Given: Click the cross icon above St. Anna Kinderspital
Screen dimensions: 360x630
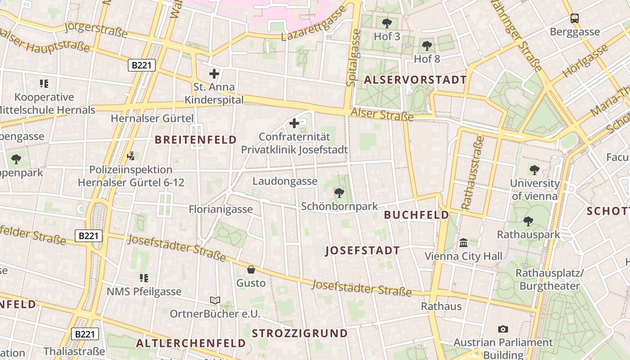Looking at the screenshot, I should click(214, 74).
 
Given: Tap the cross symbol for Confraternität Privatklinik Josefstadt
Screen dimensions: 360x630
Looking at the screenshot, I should click(294, 123).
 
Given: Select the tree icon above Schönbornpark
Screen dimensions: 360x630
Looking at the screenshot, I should click(339, 193).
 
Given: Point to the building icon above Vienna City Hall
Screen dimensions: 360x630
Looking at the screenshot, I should click(463, 243).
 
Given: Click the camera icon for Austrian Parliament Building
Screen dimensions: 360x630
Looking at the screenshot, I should click(503, 329).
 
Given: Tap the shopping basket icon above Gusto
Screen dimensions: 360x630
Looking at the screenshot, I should click(251, 270).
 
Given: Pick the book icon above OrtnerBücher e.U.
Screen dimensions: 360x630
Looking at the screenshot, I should click(215, 300).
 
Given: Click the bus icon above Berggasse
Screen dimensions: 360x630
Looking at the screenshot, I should click(575, 18).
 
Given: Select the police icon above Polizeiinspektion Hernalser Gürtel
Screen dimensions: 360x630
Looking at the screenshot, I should click(131, 156).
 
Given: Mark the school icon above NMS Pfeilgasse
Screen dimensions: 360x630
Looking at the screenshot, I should click(144, 278).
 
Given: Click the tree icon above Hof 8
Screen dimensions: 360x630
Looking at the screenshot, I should click(427, 45).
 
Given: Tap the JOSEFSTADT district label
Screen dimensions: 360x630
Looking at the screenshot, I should click(363, 251).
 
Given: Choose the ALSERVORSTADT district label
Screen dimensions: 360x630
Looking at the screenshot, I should click(415, 80).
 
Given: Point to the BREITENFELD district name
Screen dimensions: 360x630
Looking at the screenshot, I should click(196, 139).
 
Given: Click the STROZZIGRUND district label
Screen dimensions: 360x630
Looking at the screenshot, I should click(300, 333).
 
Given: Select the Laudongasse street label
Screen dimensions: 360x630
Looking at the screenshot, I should click(285, 181).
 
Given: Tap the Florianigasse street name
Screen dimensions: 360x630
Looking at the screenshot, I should click(220, 209).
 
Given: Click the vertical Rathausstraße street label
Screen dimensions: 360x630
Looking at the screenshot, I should click(473, 173).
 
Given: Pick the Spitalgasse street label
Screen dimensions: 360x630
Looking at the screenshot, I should click(354, 58).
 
